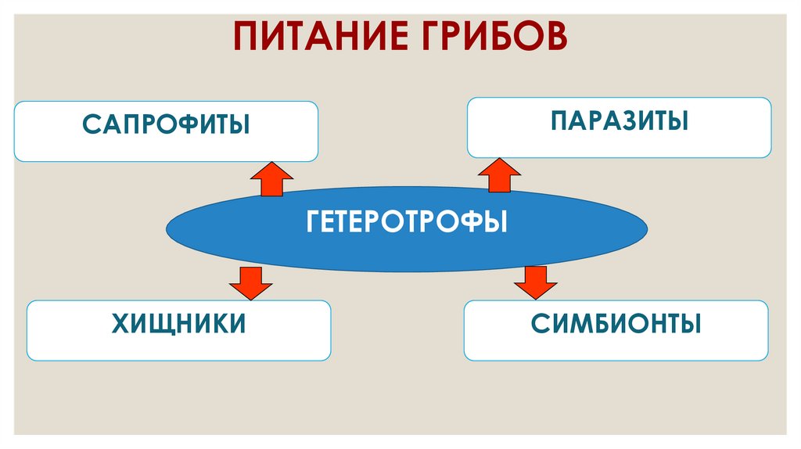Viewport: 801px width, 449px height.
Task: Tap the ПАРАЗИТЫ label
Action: pyautogui.click(x=619, y=121)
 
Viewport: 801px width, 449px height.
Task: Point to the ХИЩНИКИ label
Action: pyautogui.click(x=179, y=323)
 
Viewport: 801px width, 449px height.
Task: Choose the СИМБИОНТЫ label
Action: pyautogui.click(x=616, y=323)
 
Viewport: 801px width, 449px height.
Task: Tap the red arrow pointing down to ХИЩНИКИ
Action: pyautogui.click(x=251, y=282)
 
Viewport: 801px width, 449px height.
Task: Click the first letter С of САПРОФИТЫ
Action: pyautogui.click(x=90, y=124)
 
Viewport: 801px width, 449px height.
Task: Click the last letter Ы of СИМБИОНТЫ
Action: pyautogui.click(x=691, y=323)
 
